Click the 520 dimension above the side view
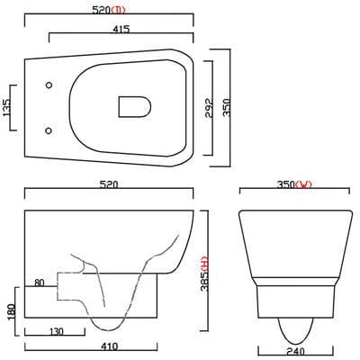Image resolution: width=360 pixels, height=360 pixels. (x=109, y=184)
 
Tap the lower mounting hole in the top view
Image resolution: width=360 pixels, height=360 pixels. (x=47, y=127)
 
